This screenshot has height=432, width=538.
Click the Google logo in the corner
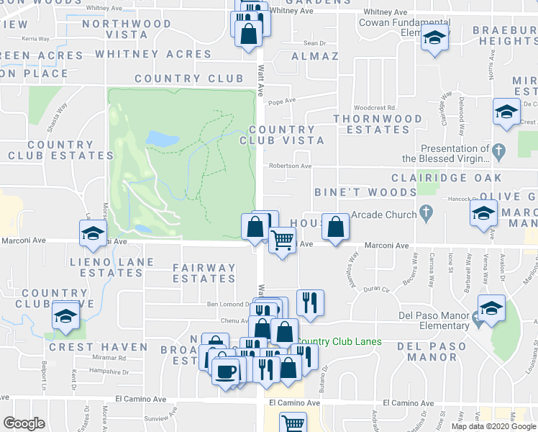[x=24, y=423]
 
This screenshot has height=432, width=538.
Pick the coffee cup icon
[x=226, y=372]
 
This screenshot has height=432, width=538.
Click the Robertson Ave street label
[x=291, y=166]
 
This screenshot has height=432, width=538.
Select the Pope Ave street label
[x=282, y=102]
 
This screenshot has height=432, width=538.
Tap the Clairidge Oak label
[x=443, y=177]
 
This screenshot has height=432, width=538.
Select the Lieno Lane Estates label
[x=106, y=266]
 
